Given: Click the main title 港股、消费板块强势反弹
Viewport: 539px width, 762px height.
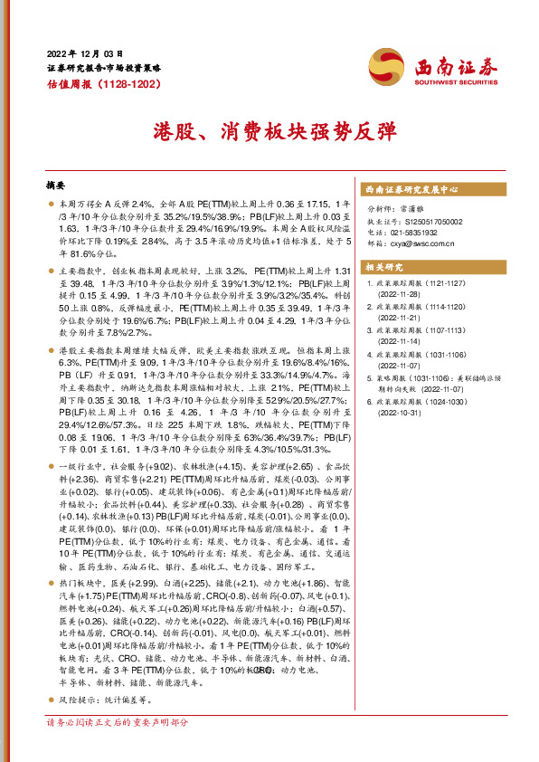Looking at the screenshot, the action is point(269,130).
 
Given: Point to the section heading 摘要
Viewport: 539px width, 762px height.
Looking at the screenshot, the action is point(56,185).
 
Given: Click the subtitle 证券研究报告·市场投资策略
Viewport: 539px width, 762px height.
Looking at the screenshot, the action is point(103,68).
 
